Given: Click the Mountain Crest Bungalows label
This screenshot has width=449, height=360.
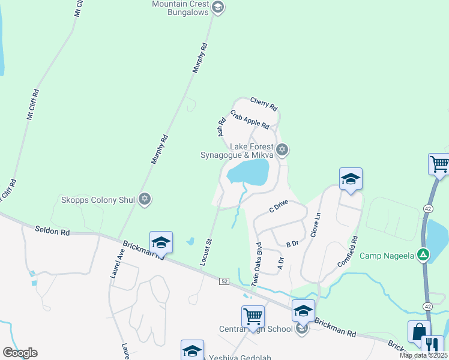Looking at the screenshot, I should click(179, 8).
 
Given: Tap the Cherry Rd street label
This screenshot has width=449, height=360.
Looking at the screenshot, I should click(264, 104).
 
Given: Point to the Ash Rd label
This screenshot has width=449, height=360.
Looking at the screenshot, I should click(221, 126).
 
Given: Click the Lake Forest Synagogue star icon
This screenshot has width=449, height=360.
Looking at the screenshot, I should click(283, 149).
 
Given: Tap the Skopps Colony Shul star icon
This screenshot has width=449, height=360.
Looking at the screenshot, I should click(144, 199).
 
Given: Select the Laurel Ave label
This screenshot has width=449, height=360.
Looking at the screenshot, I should click(116, 264).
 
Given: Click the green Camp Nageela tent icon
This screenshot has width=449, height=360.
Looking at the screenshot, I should click(424, 255).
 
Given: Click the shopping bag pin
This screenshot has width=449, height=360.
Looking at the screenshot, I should click(418, 331).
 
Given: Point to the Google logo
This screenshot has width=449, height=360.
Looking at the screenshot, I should click(20, 353).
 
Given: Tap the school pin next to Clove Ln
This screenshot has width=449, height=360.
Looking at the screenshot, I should click(351, 178).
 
